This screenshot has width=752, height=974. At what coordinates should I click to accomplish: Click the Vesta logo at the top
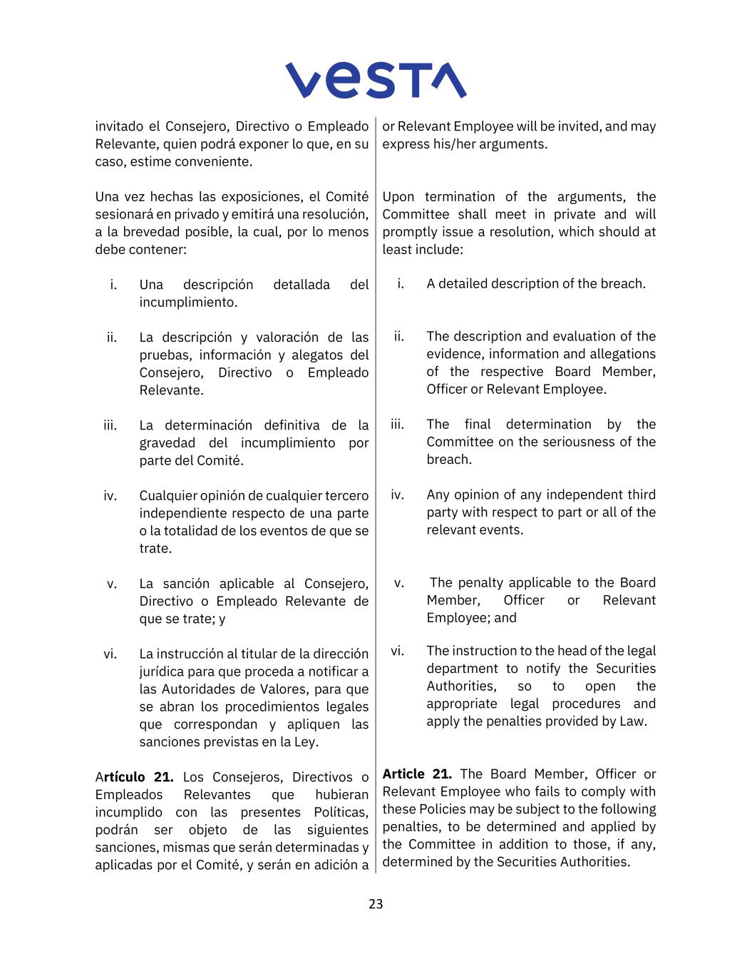(376, 80)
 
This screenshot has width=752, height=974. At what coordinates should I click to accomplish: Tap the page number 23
(376, 904)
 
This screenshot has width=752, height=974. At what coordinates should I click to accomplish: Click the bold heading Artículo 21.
(134, 777)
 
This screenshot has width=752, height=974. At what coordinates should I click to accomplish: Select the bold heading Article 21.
(417, 774)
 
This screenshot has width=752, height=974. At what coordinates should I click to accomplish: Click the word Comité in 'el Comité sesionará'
(347, 197)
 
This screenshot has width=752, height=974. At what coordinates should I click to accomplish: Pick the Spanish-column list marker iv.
(110, 496)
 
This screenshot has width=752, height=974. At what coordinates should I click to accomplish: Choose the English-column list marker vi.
(397, 651)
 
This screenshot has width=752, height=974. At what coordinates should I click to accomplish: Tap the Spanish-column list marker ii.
(112, 338)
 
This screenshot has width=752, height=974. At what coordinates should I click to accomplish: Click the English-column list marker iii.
(397, 425)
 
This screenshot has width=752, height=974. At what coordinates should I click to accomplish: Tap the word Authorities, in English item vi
(461, 686)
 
